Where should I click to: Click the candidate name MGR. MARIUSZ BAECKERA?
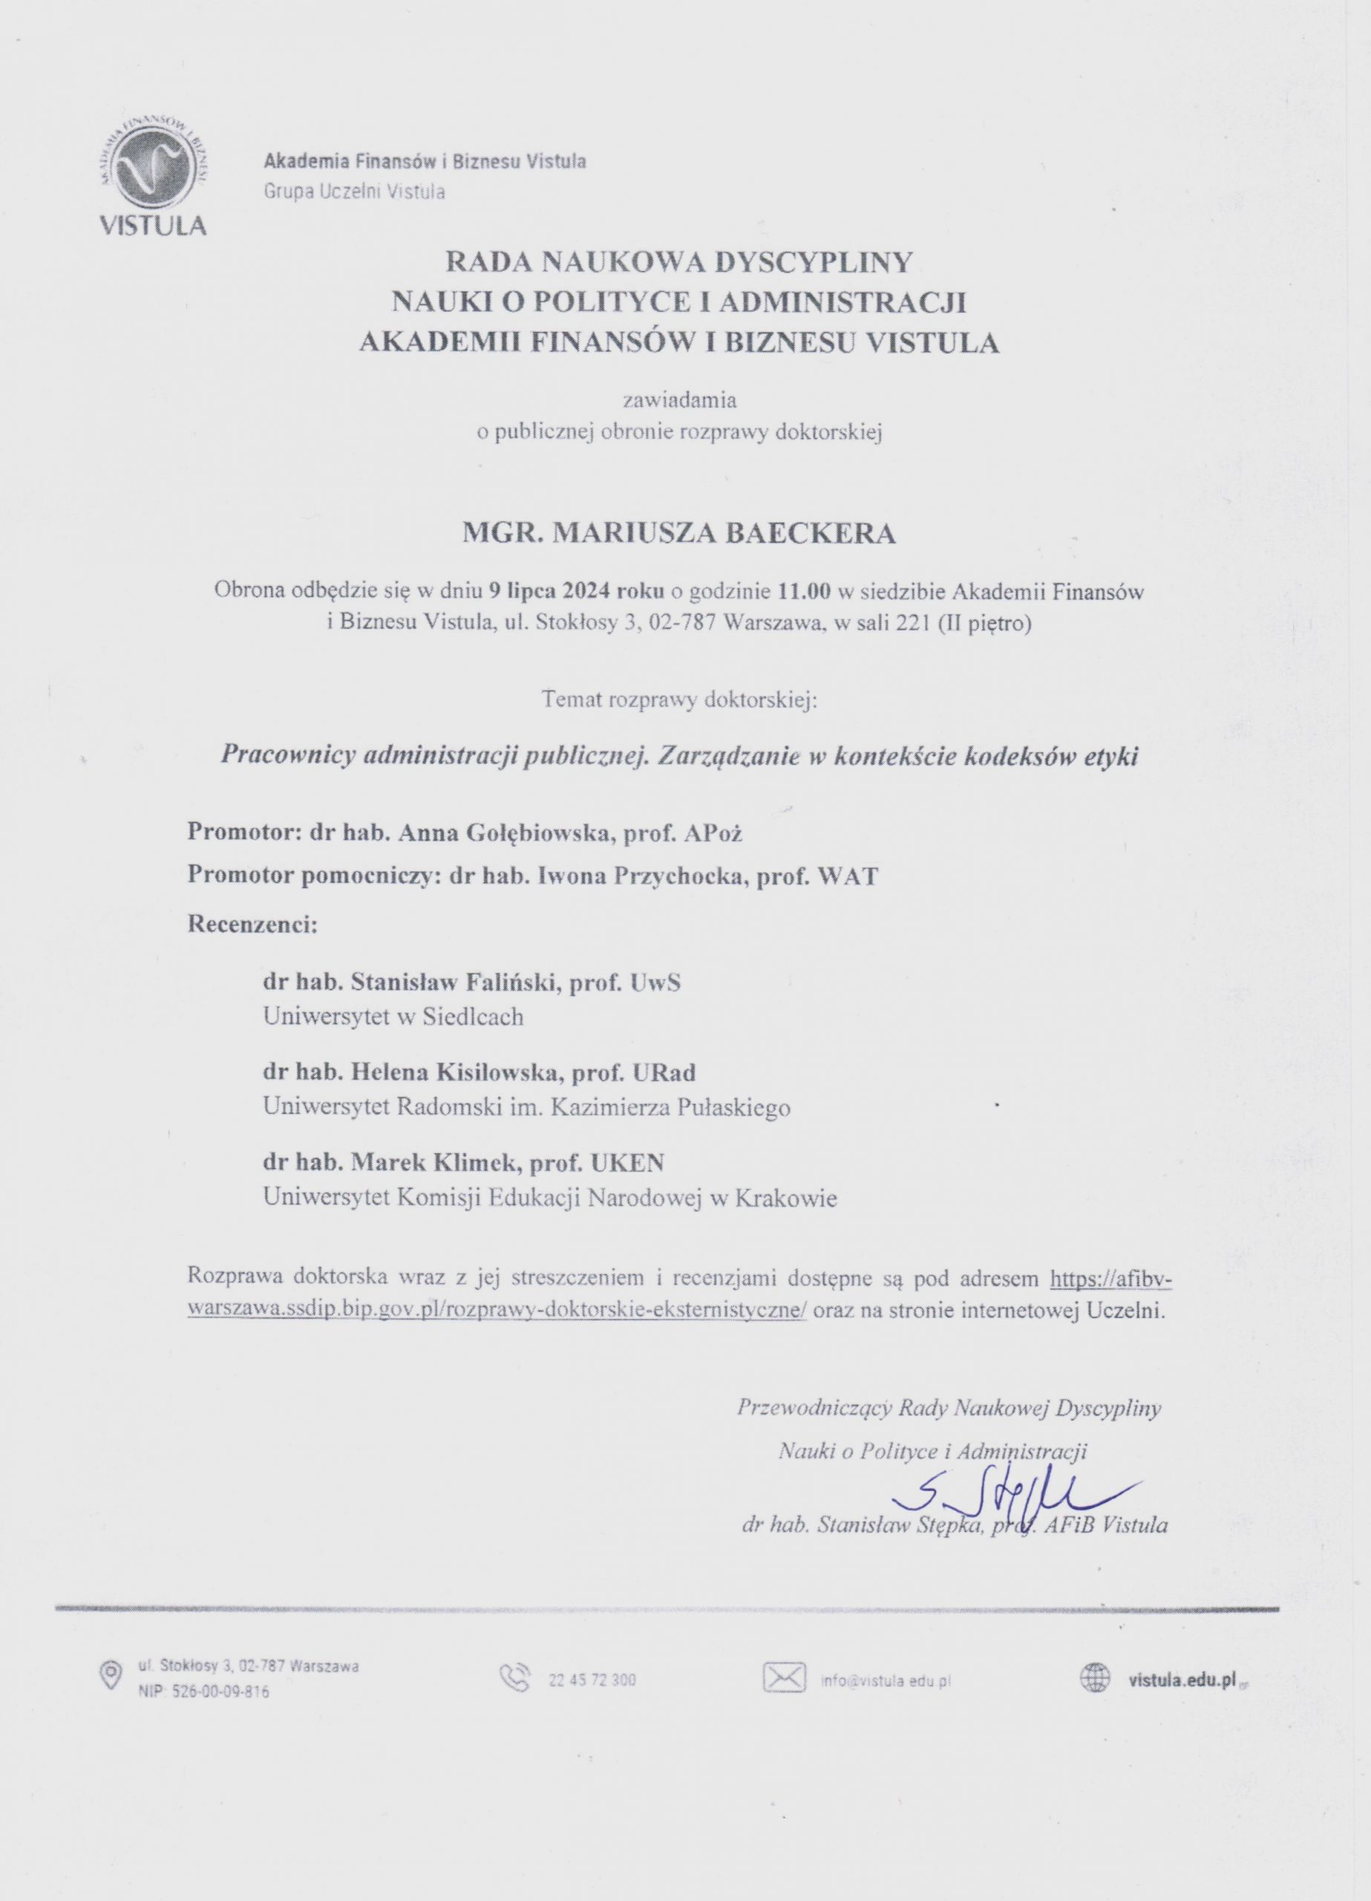coord(678,533)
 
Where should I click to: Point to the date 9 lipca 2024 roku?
coord(577,591)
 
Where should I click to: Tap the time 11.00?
coord(805,591)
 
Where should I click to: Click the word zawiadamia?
coord(678,400)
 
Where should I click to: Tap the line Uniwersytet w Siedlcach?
coord(393,1017)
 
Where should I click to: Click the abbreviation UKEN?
coord(628,1163)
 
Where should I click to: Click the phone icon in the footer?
coord(514,1678)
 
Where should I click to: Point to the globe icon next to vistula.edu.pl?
coord(1094,1677)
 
